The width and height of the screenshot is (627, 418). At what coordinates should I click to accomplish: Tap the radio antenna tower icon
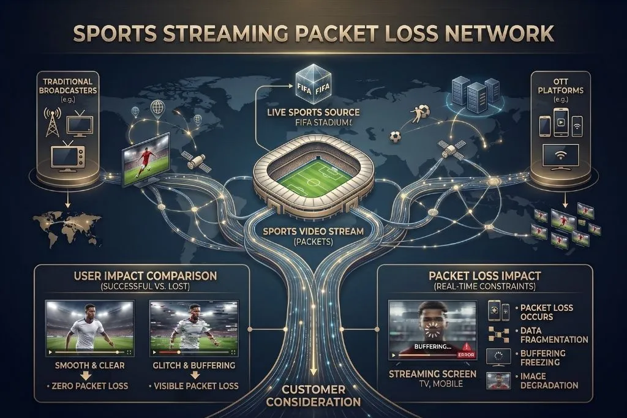[x=52, y=122]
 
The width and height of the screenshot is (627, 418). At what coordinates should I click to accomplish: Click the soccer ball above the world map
[x=395, y=137]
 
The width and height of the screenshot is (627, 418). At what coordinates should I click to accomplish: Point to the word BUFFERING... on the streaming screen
[x=433, y=346]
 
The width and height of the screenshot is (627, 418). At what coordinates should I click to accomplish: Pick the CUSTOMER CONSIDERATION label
[x=313, y=395]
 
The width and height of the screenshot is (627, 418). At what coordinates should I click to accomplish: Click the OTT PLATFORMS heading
[x=561, y=86]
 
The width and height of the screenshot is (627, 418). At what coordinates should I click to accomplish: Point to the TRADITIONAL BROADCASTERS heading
[x=68, y=86]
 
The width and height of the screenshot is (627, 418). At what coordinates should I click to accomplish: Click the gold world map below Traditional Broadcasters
[x=67, y=228]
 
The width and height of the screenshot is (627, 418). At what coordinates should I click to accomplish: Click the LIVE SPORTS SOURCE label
[x=313, y=113]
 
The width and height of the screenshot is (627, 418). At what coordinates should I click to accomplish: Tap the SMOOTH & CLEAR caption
[x=89, y=365]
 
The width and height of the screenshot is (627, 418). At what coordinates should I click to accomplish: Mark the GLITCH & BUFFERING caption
[x=194, y=365]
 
